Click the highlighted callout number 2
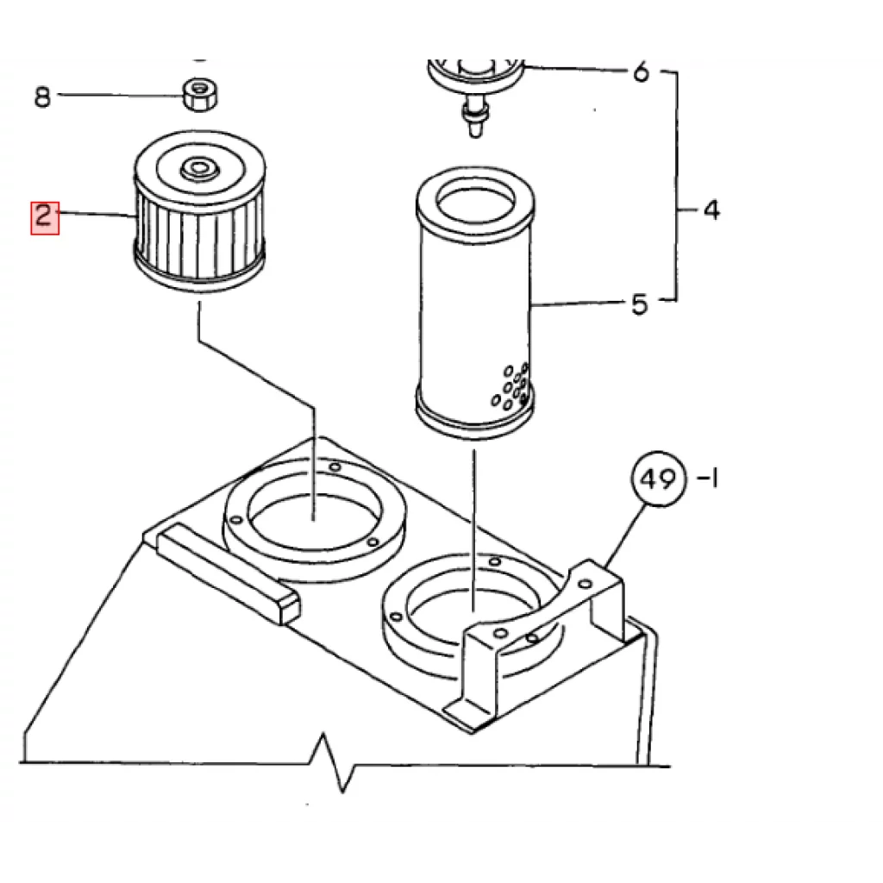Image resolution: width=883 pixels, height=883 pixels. click(45, 217)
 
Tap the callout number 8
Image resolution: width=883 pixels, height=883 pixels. click(42, 97)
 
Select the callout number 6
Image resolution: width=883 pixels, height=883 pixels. click(641, 72)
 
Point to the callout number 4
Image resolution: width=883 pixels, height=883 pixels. click(711, 210)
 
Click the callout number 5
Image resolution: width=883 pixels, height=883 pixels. click(640, 304)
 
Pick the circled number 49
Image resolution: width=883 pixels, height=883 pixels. click(658, 479)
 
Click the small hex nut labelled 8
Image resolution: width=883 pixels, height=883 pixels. click(200, 95)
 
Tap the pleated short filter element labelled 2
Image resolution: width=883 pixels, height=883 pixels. click(199, 212)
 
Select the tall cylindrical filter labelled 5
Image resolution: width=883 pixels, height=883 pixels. click(474, 303)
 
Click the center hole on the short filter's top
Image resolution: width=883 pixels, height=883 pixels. click(198, 167)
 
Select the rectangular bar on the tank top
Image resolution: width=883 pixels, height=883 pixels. click(228, 573)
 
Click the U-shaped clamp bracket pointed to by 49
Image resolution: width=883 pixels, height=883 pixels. click(541, 642)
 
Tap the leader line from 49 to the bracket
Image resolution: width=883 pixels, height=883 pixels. click(624, 535)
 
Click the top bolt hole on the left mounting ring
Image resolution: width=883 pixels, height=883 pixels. click(335, 467)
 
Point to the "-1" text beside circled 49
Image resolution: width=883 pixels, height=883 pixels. click(708, 479)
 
